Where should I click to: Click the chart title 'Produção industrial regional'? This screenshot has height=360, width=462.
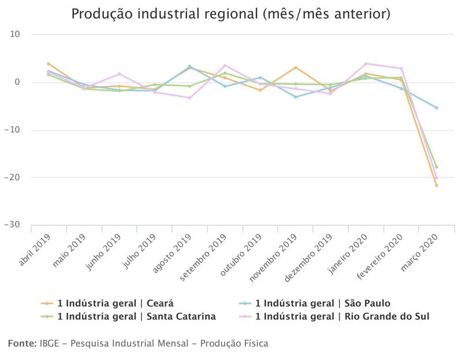[230, 13]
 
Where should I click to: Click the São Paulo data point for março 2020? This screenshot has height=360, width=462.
[436, 107]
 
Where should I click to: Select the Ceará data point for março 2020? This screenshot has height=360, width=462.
[436, 185]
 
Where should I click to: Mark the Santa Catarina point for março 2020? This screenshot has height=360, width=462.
[436, 167]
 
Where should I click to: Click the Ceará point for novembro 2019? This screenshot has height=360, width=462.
[295, 68]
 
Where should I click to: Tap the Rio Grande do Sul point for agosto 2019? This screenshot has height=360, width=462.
[189, 98]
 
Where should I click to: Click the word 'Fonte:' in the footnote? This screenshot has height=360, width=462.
[22, 344]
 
